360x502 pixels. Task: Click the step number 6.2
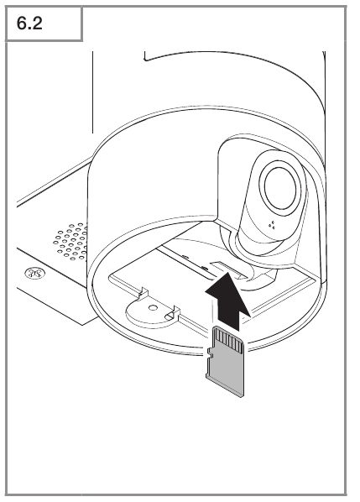[x=29, y=24]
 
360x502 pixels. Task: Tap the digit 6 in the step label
[x=22, y=24]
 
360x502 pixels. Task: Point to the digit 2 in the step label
[x=37, y=24]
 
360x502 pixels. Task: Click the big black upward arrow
[x=228, y=301]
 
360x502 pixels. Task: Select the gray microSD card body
[x=225, y=362]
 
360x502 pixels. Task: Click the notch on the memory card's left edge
[x=210, y=353]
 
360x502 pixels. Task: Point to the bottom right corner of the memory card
[x=243, y=397]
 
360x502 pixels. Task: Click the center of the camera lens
[x=280, y=188]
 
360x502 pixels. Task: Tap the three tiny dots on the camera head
[x=273, y=225]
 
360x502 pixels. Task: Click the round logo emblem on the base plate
[x=35, y=274]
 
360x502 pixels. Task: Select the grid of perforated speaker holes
[x=71, y=242]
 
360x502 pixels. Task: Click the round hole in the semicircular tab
[x=153, y=308]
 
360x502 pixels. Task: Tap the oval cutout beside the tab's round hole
[x=169, y=317]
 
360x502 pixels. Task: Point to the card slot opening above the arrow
[x=229, y=269]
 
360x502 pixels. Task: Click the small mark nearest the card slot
[x=203, y=267]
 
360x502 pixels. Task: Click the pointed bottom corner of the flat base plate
[x=83, y=325]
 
